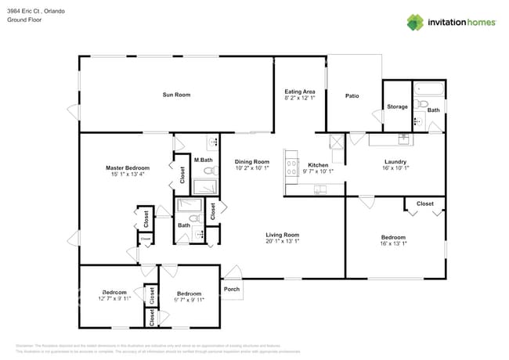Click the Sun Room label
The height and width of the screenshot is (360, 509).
click(x=176, y=95)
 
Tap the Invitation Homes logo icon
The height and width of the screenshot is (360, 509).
click(x=417, y=22)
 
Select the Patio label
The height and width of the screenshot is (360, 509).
click(x=352, y=96)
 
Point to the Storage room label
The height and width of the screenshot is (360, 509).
click(x=397, y=106)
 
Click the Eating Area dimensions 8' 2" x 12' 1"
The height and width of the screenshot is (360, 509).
click(x=300, y=99)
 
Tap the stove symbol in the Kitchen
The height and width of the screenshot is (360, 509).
click(x=292, y=166)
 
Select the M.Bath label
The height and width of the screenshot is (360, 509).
click(x=203, y=160)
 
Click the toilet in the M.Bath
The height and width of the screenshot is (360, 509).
click(x=208, y=170)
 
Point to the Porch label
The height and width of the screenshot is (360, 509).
click(x=232, y=289)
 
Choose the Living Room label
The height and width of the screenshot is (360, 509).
click(x=283, y=235)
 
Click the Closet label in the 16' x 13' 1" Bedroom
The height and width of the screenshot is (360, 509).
click(x=424, y=203)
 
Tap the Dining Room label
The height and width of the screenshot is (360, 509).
click(x=252, y=161)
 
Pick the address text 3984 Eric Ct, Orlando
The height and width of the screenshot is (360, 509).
click(x=37, y=11)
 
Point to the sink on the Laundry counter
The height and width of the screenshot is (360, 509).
click(x=404, y=140)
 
